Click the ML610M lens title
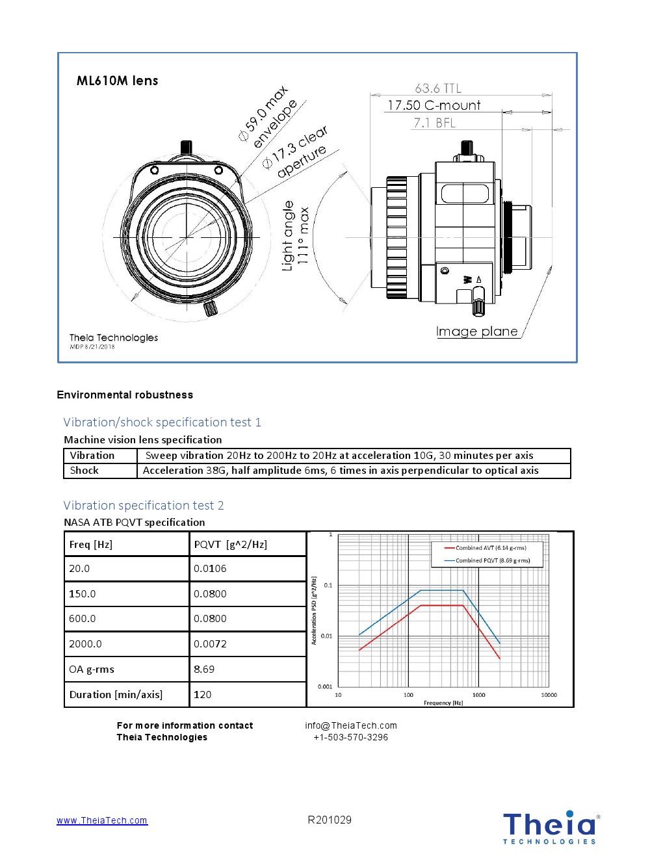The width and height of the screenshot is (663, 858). click(x=117, y=81)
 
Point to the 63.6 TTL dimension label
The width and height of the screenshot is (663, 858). click(x=438, y=88)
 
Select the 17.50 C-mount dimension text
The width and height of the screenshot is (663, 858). click(x=434, y=105)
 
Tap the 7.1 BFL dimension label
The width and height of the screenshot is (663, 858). click(x=435, y=123)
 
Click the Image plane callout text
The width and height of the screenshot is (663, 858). click(x=477, y=331)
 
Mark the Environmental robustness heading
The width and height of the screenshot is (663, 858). click(x=125, y=395)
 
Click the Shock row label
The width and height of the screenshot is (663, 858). click(x=84, y=471)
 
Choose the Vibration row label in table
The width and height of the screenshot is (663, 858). click(x=92, y=456)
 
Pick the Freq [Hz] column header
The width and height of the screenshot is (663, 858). click(x=91, y=545)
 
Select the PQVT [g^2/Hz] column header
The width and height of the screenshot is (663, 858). click(x=231, y=545)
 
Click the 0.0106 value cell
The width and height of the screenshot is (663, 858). click(x=210, y=569)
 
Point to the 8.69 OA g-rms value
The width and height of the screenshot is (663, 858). click(x=204, y=669)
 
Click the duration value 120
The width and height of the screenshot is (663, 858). click(x=202, y=695)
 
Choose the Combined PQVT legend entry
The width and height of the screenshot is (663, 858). click(x=492, y=560)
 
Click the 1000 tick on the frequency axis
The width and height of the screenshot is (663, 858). click(x=478, y=695)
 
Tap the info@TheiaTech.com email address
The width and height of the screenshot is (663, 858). click(x=351, y=725)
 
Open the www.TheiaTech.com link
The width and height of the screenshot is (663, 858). click(x=102, y=820)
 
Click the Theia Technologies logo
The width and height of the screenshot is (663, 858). click(x=550, y=827)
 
